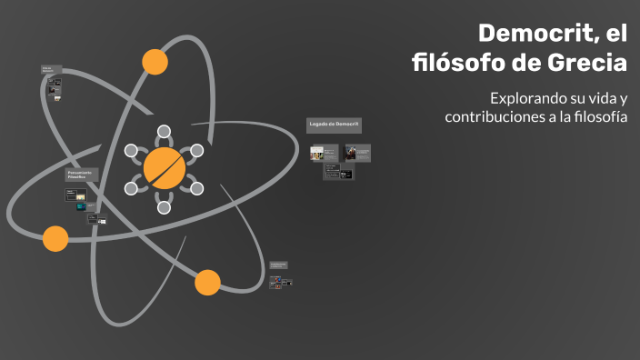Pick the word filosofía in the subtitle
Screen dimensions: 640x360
595,117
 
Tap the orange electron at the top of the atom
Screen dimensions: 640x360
155,62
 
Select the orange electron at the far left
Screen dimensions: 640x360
55,239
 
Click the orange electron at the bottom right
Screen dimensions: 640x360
207,283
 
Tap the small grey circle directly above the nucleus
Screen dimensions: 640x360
164,132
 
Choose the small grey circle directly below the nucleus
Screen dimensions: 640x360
164,207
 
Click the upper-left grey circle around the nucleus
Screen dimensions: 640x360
131,151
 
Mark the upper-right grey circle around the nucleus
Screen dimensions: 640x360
196,151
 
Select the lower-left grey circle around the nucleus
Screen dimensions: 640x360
131,188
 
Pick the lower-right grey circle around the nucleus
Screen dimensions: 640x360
196,188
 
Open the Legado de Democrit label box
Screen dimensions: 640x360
334,125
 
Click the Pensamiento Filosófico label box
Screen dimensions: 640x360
80,174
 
